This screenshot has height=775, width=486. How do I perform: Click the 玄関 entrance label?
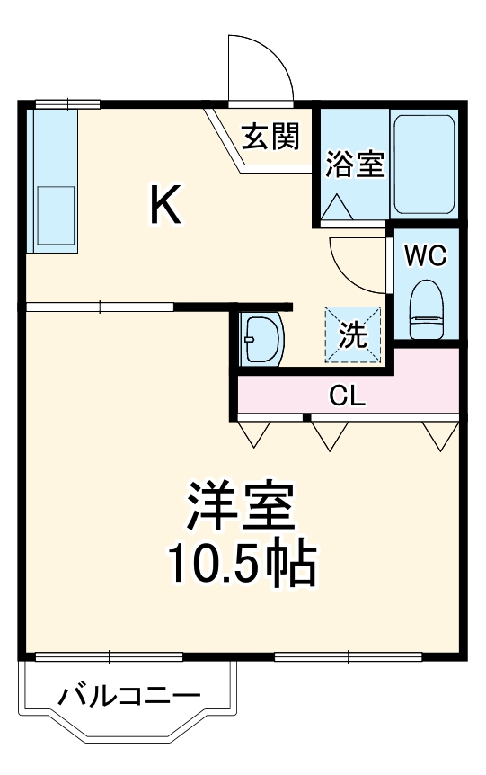[x=270, y=138]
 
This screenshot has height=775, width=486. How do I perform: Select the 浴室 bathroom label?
[x=354, y=165]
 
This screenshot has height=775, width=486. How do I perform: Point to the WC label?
[x=425, y=255]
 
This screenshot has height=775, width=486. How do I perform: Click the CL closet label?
[x=347, y=396]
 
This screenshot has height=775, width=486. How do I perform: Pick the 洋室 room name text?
[x=241, y=508]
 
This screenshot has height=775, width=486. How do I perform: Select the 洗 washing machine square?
[x=353, y=334]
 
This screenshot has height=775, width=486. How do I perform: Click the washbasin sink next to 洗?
[x=262, y=339]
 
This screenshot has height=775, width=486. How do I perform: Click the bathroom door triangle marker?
[x=338, y=207]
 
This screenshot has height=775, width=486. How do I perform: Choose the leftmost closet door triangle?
[x=253, y=434]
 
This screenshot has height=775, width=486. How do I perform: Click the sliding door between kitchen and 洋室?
[x=100, y=307]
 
